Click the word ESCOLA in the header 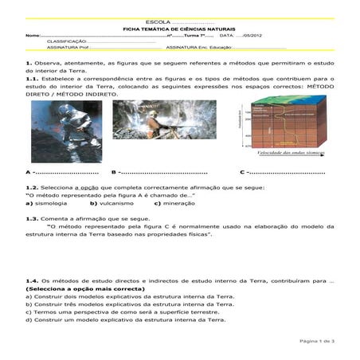point(158,21)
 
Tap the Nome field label point(33,35)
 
